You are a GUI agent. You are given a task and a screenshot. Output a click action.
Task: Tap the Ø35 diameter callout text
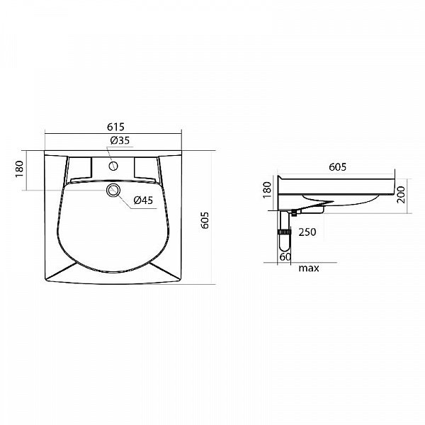(120, 140)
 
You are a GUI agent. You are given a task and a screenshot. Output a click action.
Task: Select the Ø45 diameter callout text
(143, 200)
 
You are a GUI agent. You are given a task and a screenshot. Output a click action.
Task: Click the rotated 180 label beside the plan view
(19, 170)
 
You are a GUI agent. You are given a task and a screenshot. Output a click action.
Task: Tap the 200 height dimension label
(401, 194)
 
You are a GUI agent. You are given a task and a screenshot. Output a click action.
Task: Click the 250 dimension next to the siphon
(307, 232)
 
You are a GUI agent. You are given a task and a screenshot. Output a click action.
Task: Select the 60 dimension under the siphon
(285, 256)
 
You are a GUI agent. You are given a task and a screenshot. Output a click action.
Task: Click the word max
(307, 268)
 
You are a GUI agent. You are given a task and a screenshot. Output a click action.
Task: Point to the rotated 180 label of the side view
(267, 190)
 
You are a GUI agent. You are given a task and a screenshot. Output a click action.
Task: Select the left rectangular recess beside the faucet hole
(80, 168)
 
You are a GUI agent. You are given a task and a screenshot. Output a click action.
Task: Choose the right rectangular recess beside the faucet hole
(145, 168)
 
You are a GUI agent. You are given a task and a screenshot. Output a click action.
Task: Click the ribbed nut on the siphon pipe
(285, 231)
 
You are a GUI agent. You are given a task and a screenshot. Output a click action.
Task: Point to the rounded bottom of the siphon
(285, 249)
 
